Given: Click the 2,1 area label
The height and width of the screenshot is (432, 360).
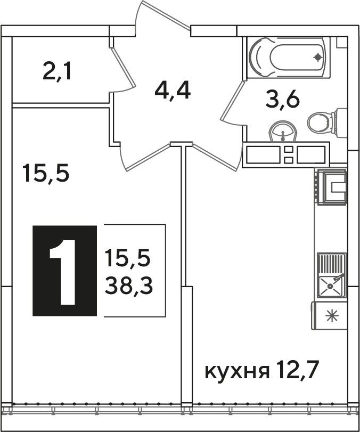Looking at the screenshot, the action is pos(57,71).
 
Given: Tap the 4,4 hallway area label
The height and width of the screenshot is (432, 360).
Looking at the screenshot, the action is pos(173,91).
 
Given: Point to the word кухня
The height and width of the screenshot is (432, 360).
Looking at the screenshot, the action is pos(237,372).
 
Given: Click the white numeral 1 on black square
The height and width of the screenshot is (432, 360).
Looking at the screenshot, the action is pos(64,272).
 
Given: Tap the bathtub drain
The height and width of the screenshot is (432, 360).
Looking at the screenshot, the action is pos(318,58).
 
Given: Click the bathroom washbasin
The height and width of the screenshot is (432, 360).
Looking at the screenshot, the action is pos(283,132).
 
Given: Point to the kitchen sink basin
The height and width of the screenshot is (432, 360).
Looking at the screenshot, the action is pos(330,287).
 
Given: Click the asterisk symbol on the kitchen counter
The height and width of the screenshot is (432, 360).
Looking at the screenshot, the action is pos(332,316).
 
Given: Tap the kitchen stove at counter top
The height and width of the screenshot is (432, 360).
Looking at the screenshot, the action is pos(331,187).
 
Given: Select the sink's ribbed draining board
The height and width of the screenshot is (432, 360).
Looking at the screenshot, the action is pos(332,264).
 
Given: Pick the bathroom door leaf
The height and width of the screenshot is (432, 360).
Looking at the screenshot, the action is pos(233,101).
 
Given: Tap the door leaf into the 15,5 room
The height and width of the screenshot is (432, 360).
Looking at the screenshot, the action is pos(148,157).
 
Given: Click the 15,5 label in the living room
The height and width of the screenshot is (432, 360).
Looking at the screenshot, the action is pos(45,173).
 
